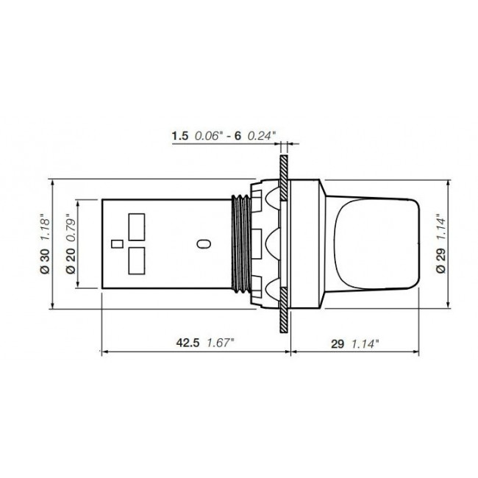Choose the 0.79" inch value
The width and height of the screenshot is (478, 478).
coord(71,227)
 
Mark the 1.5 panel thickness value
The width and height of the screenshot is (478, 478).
coord(179,135)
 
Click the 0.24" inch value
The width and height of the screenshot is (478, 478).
coord(261,135)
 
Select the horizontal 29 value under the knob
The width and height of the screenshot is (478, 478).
coord(337,341)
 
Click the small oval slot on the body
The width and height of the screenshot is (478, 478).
coord(205,243)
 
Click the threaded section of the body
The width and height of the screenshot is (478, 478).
coord(240,243)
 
